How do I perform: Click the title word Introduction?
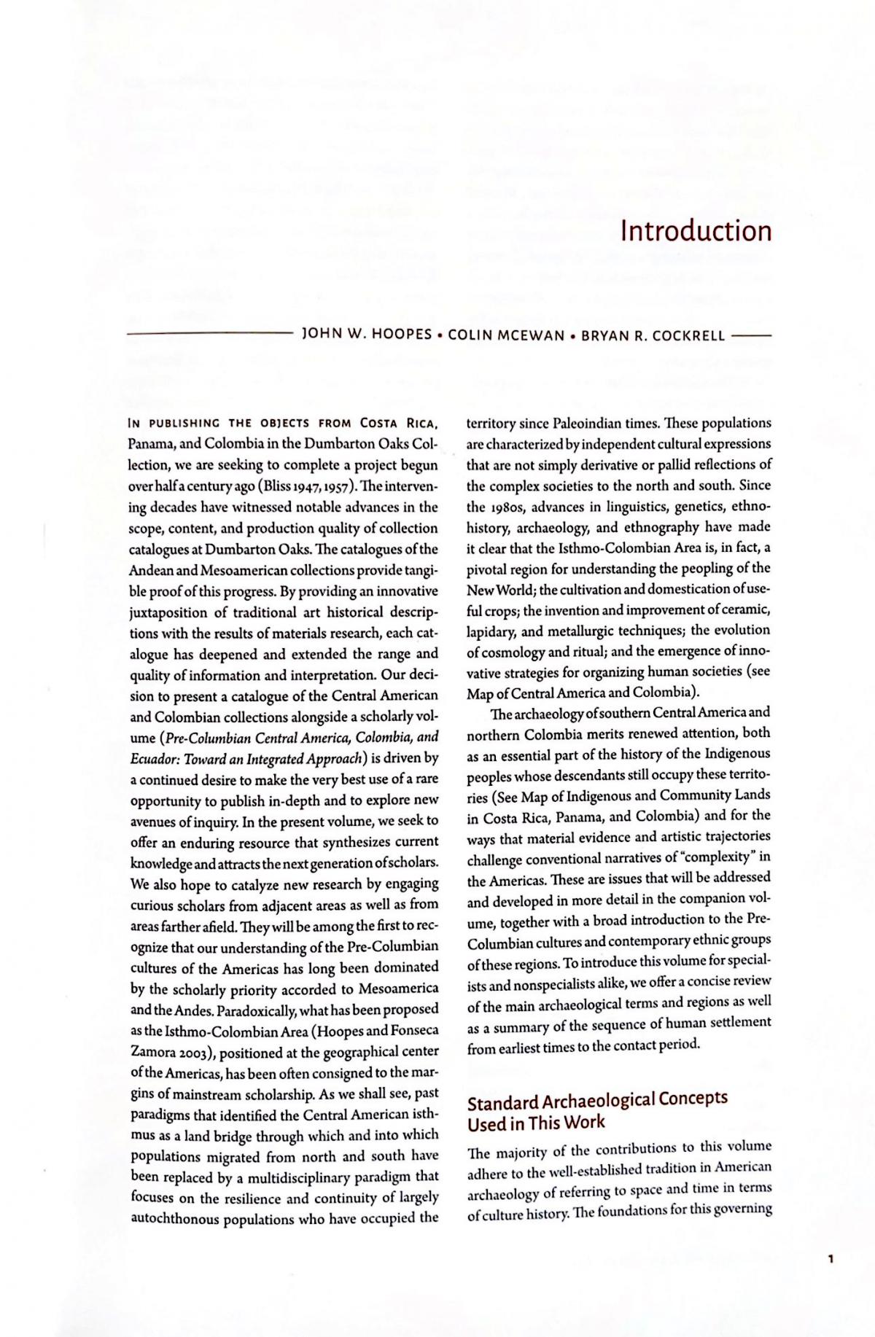[696, 230]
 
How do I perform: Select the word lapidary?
[489, 631]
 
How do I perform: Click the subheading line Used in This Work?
[536, 1123]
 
